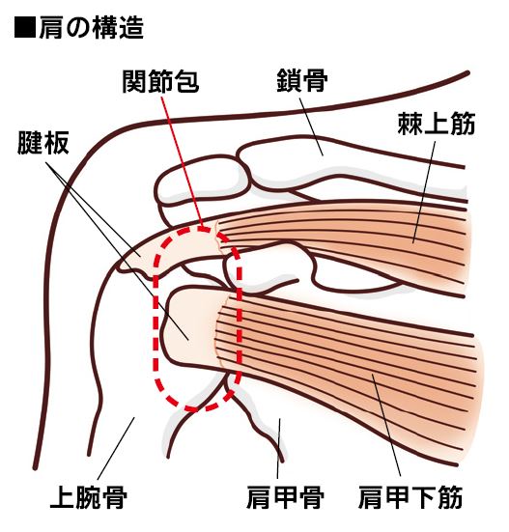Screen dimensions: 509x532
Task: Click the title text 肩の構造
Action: (x=92, y=28)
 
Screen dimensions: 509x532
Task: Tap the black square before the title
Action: (x=25, y=27)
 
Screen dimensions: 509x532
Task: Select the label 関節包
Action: (x=160, y=81)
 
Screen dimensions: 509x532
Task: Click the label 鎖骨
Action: (x=302, y=80)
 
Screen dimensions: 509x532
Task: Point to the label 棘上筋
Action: (x=436, y=124)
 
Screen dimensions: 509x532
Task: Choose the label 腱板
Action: (x=43, y=143)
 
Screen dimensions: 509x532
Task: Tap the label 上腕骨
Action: (x=89, y=497)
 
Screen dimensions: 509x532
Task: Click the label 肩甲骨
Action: (x=285, y=497)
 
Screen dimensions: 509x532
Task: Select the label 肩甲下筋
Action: (x=410, y=497)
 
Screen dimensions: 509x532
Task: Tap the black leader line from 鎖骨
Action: (x=311, y=126)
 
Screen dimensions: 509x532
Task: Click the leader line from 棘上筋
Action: (x=424, y=192)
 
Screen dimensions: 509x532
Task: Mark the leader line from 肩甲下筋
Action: (x=386, y=425)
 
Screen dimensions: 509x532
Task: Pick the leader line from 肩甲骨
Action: (x=278, y=449)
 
